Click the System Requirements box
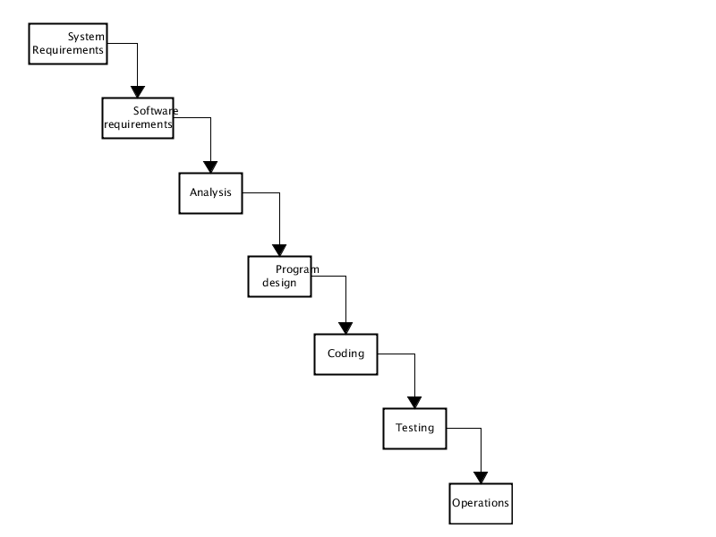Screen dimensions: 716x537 68,44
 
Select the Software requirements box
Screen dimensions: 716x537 138,118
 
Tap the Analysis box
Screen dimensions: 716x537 210,193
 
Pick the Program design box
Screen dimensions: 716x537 279,277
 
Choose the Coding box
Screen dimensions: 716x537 345,354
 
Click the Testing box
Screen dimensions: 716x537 414,429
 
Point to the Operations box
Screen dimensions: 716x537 481,504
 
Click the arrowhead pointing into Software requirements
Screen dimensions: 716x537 138,92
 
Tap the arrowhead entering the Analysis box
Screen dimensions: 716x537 210,167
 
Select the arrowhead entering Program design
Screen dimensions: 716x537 279,251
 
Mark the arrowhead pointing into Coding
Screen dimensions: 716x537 345,328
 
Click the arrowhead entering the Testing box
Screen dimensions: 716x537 414,403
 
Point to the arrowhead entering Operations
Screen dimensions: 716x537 481,478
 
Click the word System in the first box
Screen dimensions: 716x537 86,37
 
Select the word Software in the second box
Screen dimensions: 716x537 156,111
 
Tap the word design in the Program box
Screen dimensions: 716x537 279,283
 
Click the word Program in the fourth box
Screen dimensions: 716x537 297,270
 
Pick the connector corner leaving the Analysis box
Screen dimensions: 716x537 279,193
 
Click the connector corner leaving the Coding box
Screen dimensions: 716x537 414,354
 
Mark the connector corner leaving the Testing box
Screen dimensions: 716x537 481,429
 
